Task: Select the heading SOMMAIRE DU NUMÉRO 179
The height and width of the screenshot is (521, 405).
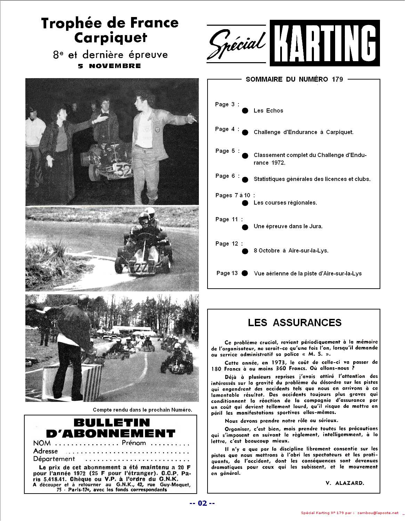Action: (294, 79)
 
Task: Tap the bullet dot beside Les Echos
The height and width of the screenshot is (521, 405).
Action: (245, 111)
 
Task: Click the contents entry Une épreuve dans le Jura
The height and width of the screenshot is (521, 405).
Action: (288, 226)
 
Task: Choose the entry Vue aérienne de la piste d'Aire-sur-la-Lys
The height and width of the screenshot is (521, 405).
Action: (308, 273)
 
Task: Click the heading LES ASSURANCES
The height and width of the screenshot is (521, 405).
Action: (294, 322)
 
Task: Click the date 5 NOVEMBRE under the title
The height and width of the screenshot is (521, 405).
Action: (110, 66)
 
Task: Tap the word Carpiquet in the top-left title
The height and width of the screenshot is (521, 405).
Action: (111, 38)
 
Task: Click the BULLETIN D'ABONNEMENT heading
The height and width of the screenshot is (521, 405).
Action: (111, 428)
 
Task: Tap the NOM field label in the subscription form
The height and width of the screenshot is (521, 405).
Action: (42, 443)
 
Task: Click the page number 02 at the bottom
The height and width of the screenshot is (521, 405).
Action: (202, 503)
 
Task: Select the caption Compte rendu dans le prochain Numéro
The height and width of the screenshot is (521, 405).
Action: (142, 410)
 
